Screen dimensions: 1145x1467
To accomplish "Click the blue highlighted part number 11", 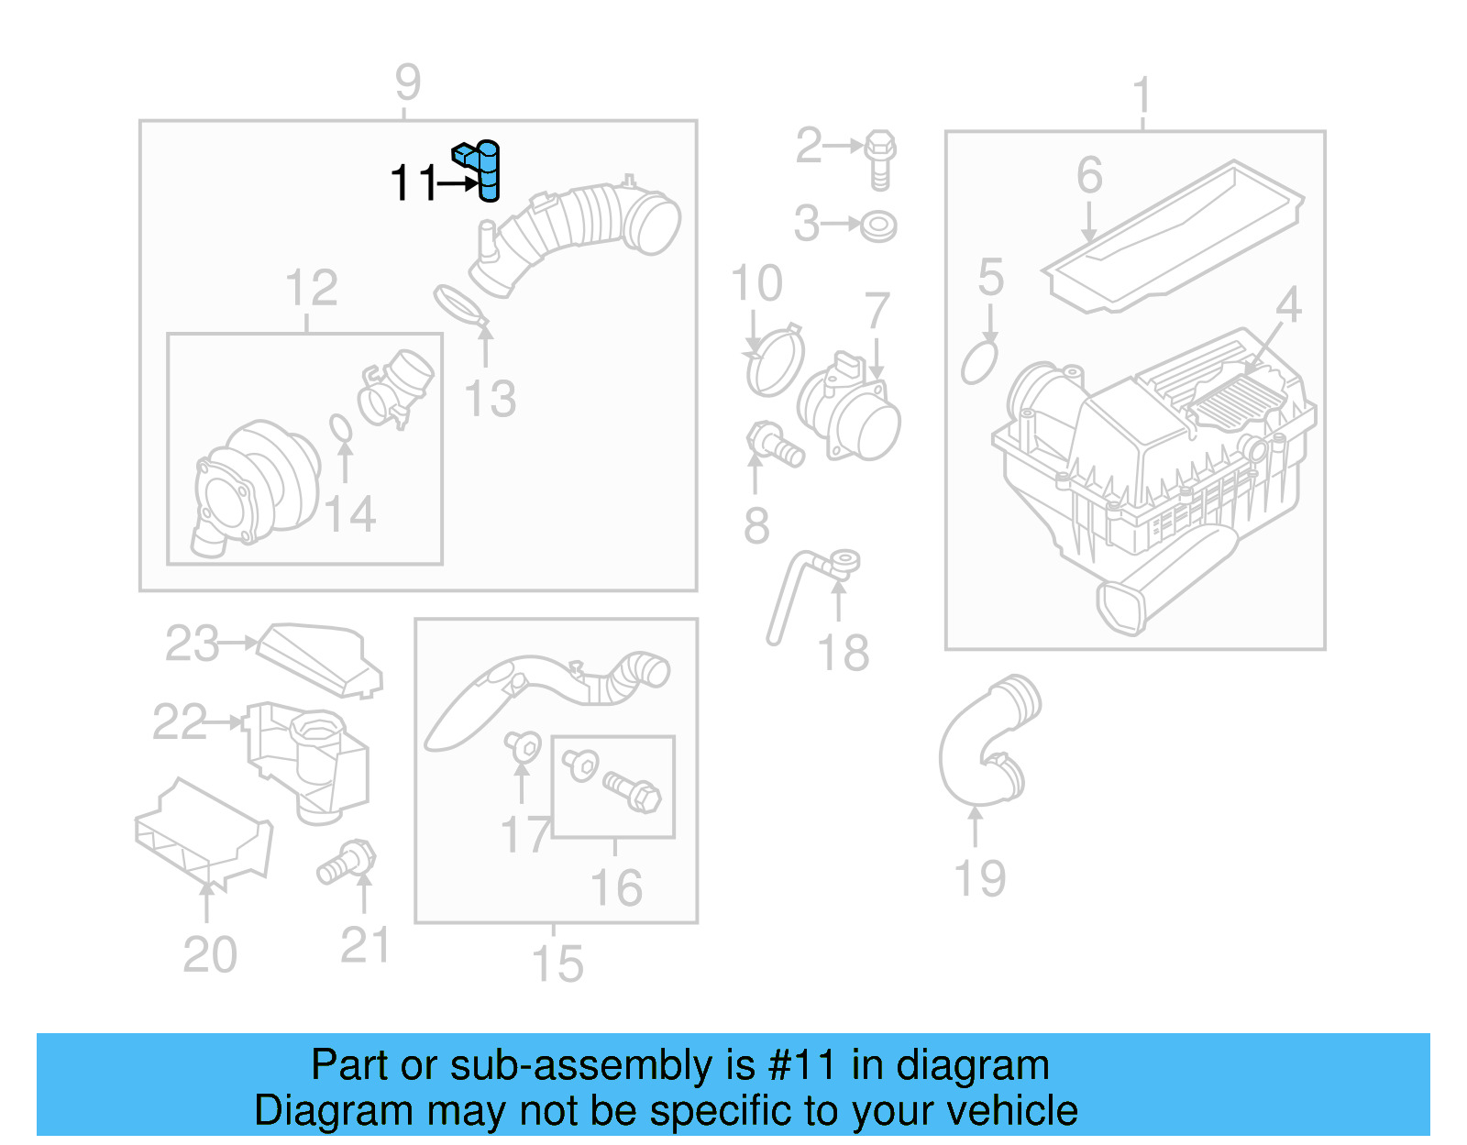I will [x=485, y=171].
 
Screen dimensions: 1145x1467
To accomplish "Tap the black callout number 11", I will [x=414, y=183].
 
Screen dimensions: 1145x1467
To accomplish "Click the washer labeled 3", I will [x=879, y=226].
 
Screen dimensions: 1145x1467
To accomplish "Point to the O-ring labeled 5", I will [x=979, y=363].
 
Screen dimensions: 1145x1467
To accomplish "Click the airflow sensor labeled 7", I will [x=851, y=408].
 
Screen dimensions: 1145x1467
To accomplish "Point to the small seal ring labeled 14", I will [x=340, y=428].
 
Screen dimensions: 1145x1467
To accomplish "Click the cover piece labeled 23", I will [x=321, y=658].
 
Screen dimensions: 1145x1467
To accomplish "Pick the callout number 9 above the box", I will [x=408, y=83].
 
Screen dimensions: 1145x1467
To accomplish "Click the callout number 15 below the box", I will [x=557, y=964].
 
